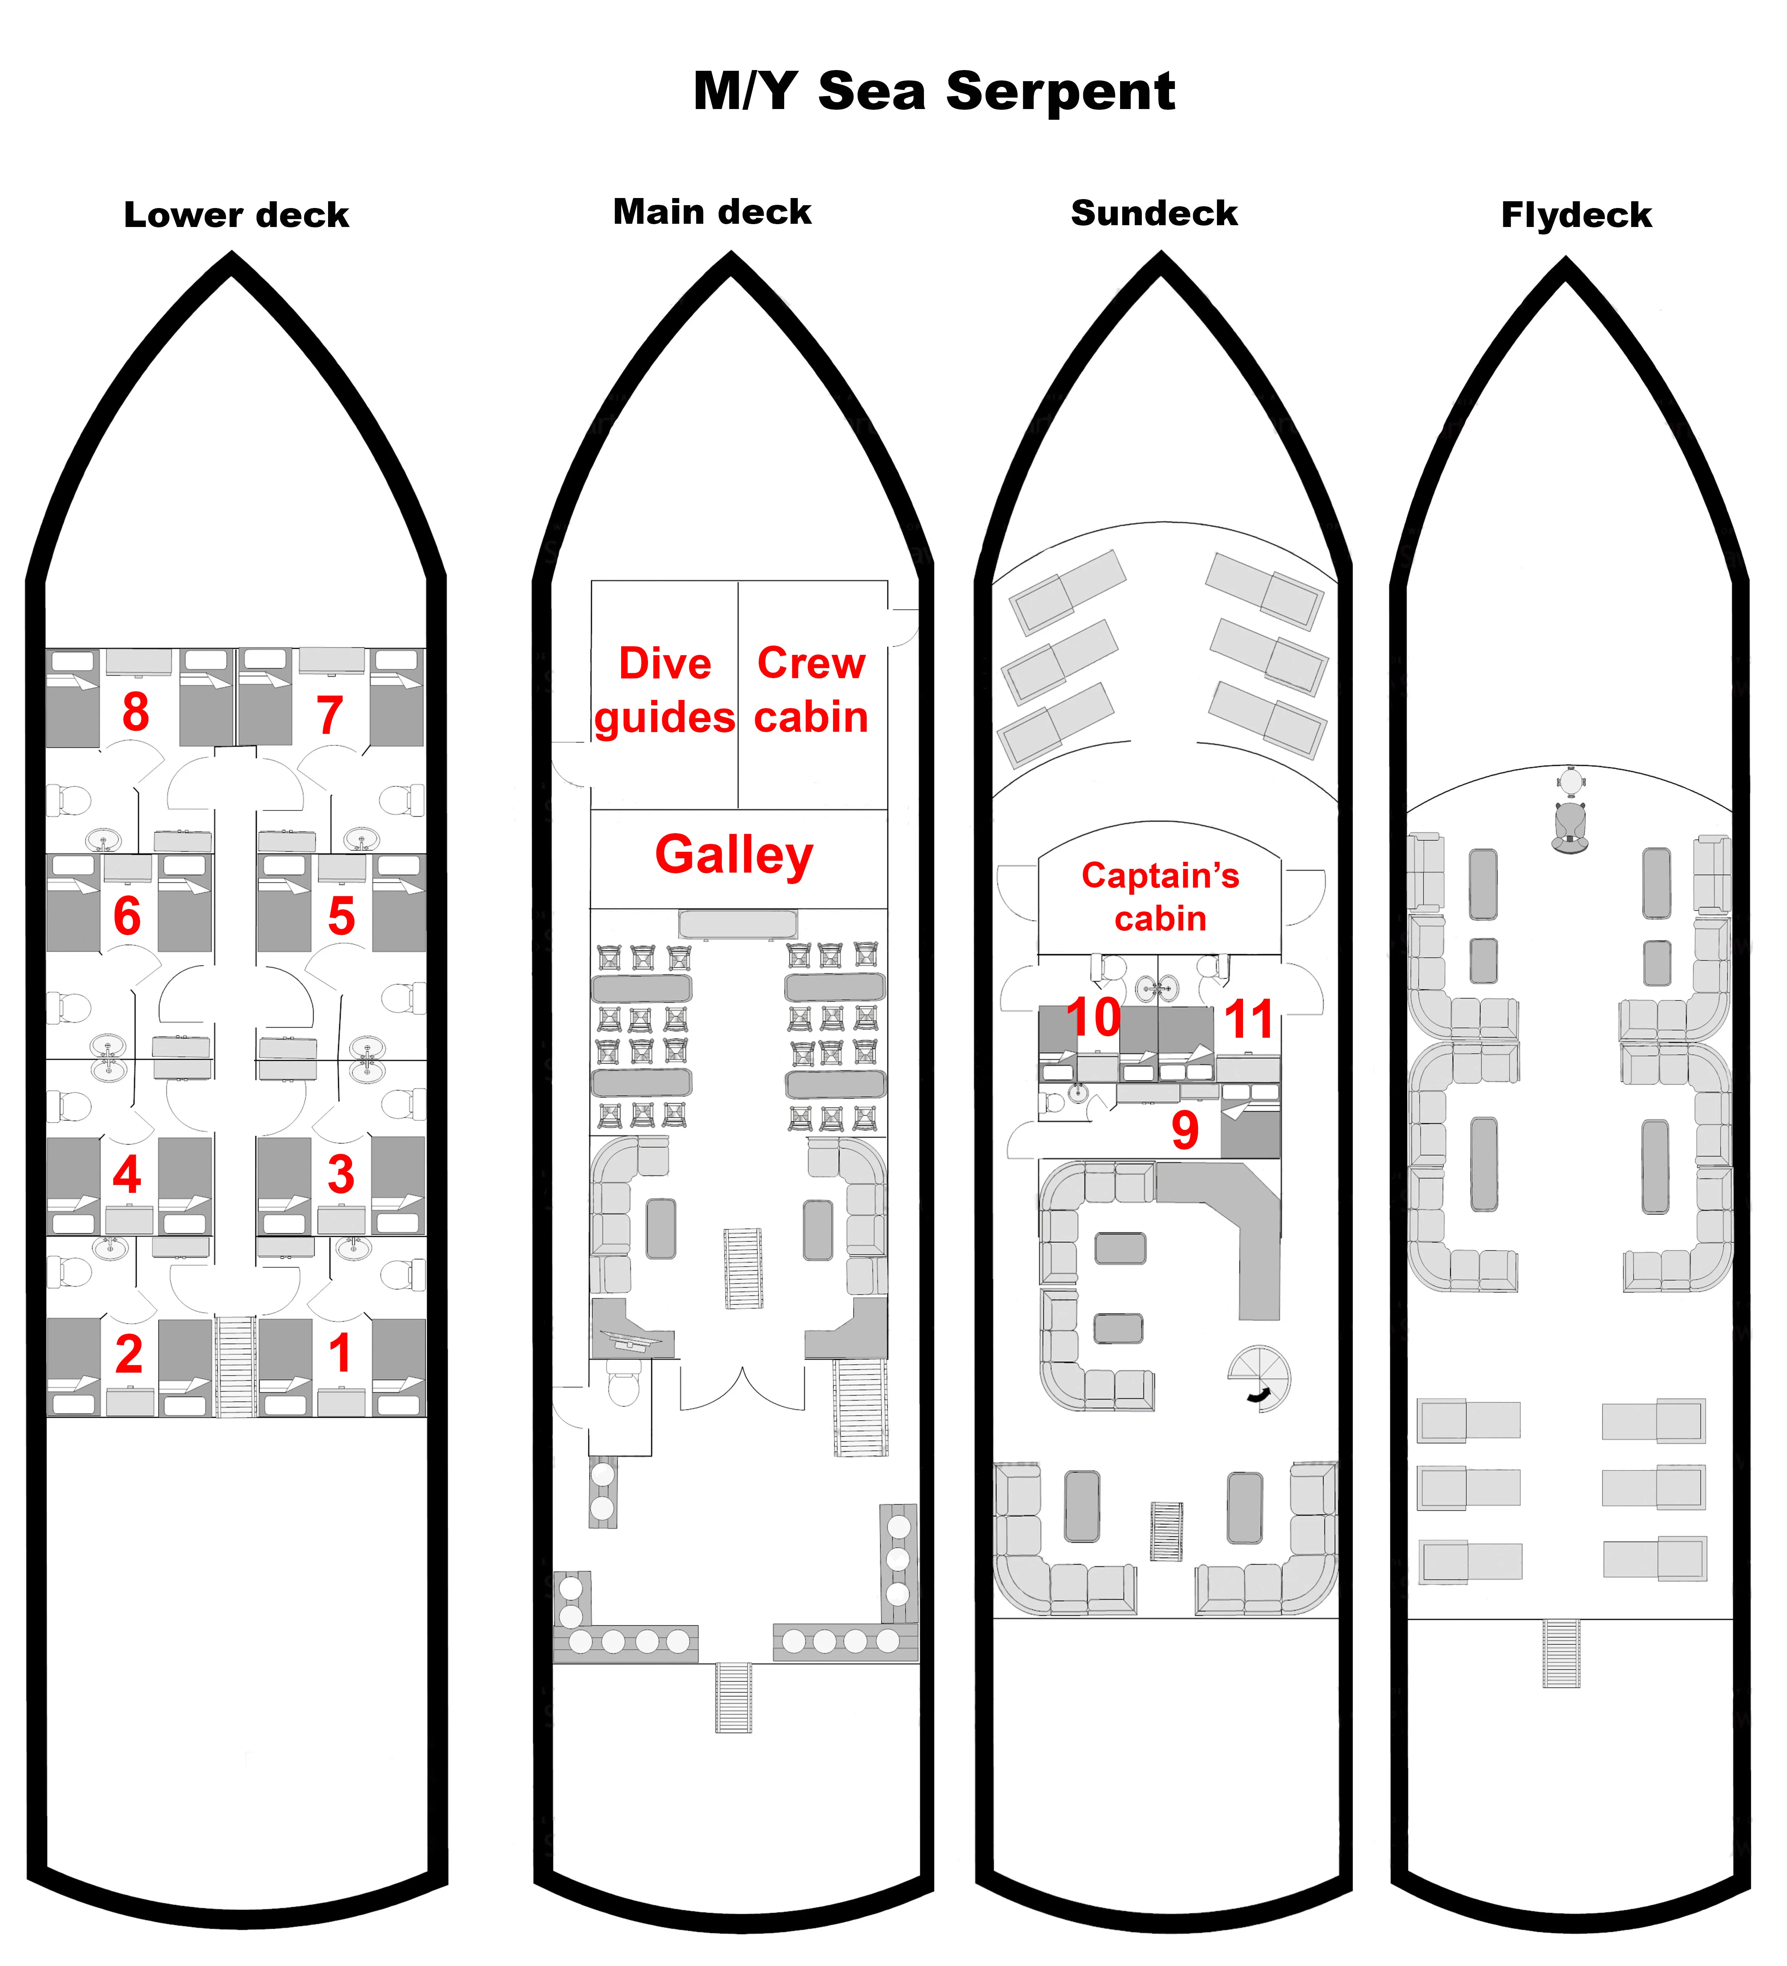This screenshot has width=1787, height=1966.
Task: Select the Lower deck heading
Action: point(236,214)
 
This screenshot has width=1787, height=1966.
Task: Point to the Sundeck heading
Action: point(1154,213)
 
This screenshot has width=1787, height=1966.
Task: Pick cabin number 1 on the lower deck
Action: point(339,1353)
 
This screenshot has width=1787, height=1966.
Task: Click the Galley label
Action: point(734,855)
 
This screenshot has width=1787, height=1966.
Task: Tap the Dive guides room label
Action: point(665,691)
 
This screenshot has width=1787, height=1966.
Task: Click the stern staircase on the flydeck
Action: point(1561,1653)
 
